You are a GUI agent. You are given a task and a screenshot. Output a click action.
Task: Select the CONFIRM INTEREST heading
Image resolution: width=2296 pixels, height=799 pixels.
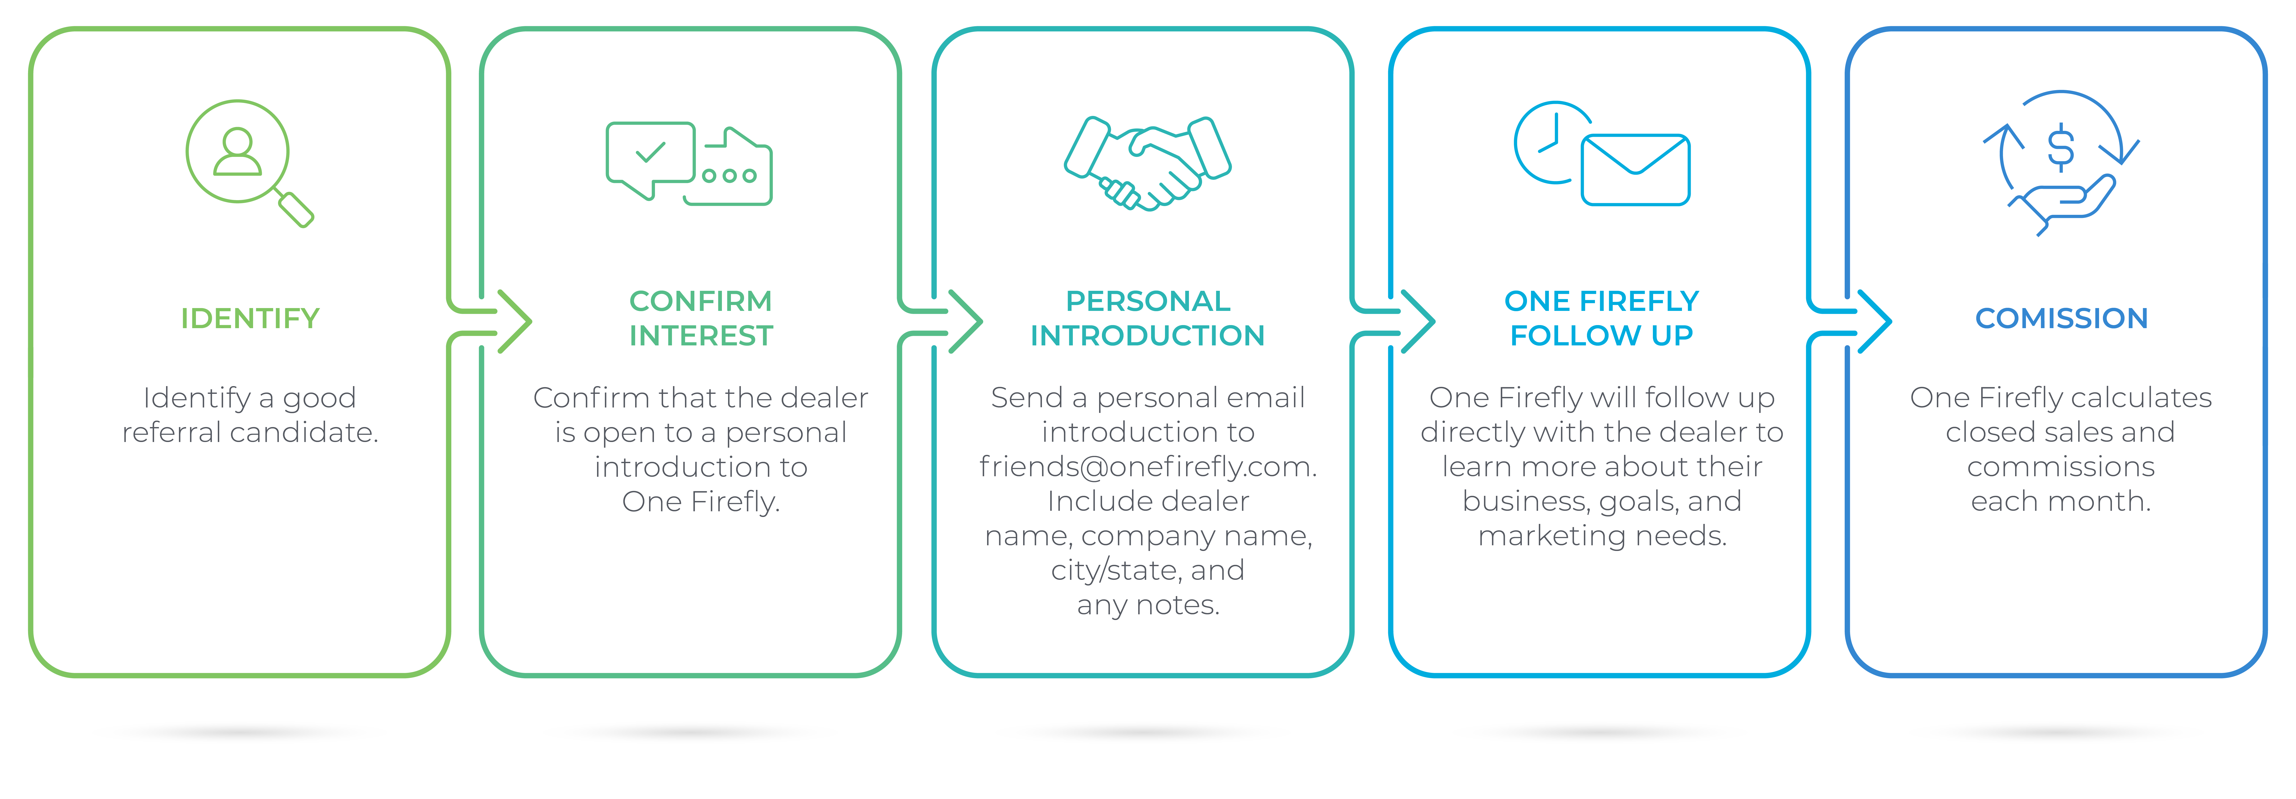[701, 318]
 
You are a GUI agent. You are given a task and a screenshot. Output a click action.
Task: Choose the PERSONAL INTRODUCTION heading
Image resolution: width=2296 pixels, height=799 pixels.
[1147, 318]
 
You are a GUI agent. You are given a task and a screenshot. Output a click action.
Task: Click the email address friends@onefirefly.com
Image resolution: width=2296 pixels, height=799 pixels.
[1147, 466]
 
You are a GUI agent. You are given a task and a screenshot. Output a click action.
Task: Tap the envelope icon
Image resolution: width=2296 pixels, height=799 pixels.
[1636, 169]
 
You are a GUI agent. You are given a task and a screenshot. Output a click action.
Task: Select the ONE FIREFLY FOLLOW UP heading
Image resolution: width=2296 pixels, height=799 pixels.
[1602, 318]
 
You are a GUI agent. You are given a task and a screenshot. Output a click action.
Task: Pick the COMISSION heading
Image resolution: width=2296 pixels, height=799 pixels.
[2061, 318]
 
